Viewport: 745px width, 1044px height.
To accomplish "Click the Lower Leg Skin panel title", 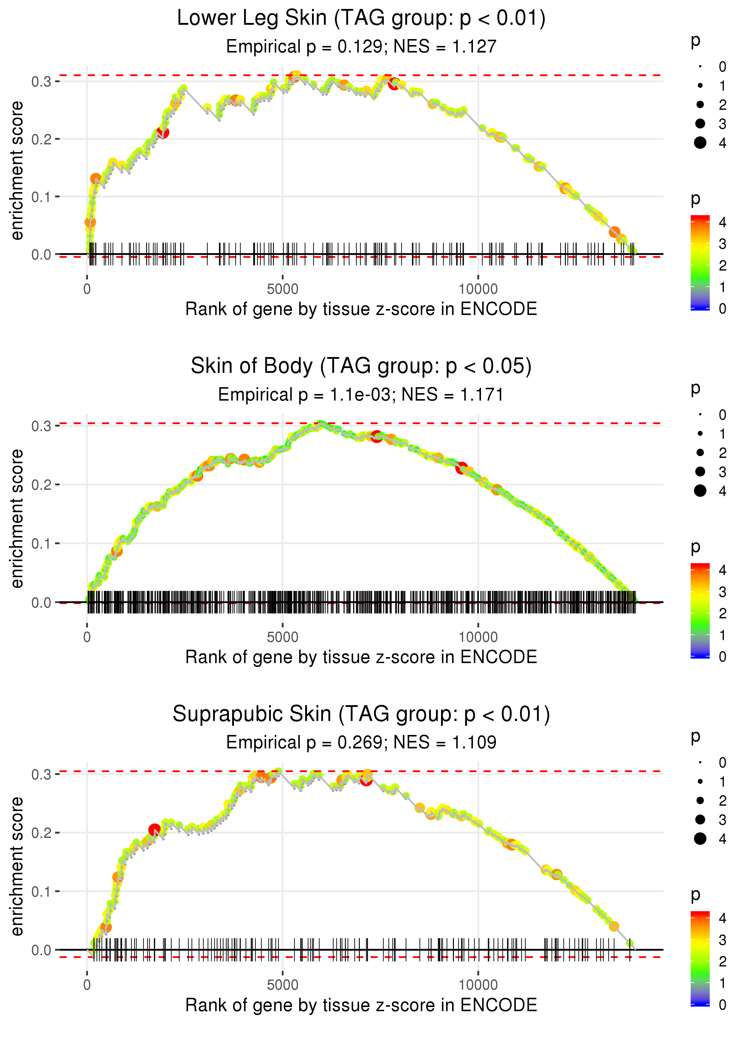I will [361, 18].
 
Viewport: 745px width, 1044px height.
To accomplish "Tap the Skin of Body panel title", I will [361, 366].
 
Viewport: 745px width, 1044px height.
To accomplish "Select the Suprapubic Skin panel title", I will [361, 714].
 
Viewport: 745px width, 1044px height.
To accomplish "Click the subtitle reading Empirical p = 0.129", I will [361, 47].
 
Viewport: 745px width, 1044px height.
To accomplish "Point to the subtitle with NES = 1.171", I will [361, 395].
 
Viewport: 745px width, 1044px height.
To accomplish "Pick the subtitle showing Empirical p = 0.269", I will [361, 743].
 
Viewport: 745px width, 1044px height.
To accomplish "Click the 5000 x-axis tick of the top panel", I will [283, 289].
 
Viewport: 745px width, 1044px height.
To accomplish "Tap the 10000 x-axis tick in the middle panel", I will [478, 637].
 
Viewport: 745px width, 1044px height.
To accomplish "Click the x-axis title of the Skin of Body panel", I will [361, 657].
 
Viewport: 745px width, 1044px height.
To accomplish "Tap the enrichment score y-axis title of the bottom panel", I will [17, 866].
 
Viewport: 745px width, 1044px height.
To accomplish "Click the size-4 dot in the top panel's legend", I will [700, 143].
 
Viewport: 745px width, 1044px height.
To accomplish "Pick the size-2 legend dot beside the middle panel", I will [700, 453].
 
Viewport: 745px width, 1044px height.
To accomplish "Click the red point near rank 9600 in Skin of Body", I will [462, 468].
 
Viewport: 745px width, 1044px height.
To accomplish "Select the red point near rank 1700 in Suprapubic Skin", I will [154, 830].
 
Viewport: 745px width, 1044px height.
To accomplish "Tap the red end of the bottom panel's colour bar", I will [700, 915].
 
